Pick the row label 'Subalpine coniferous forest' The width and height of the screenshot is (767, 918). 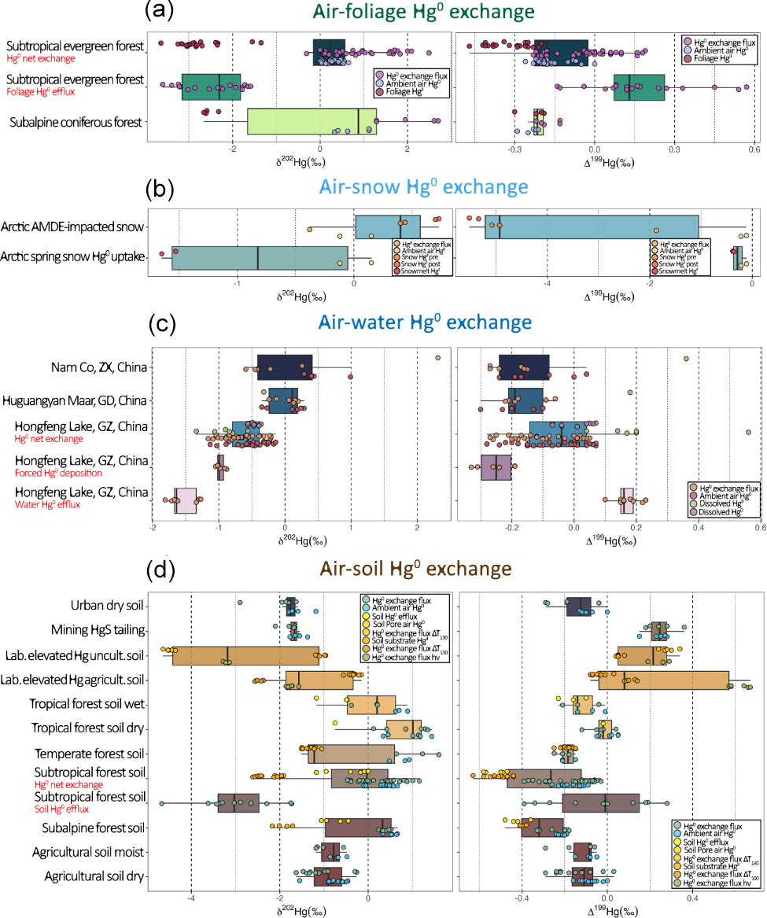[76, 122]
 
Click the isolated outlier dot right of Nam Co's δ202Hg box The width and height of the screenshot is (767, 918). [437, 358]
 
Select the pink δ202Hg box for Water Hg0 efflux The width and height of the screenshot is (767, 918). [186, 500]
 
